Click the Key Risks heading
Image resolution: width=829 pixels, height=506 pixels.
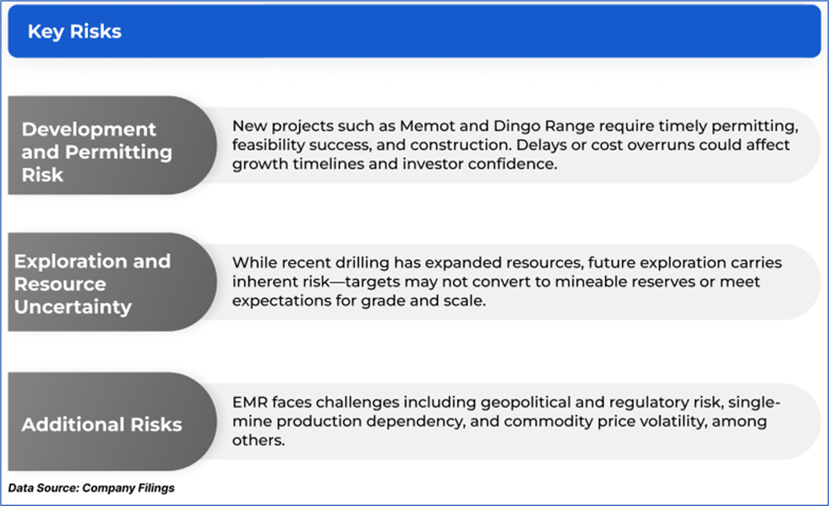tap(74, 32)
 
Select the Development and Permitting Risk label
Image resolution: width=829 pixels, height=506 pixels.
tap(97, 152)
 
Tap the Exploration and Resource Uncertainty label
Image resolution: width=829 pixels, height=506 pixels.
tap(92, 284)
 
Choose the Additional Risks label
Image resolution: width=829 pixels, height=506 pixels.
tap(102, 424)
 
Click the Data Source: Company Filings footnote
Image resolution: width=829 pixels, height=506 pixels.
tap(91, 488)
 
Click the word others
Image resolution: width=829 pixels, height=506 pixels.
tap(258, 440)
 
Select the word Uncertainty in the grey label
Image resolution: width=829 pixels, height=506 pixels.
tap(73, 307)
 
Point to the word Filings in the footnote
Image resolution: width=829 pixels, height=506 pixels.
tap(156, 488)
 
